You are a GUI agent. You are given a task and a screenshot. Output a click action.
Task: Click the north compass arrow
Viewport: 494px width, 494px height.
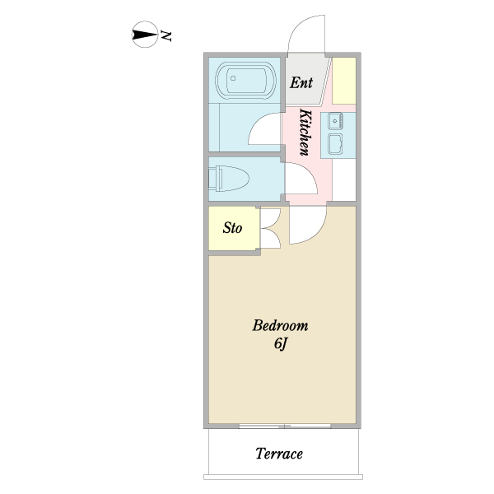(x=145, y=35)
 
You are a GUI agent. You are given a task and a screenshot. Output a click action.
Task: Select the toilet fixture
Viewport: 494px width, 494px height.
(x=230, y=178)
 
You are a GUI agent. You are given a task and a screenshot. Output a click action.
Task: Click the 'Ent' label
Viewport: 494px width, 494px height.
(x=301, y=82)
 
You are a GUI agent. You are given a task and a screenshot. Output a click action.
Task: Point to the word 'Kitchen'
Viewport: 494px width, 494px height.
(x=304, y=132)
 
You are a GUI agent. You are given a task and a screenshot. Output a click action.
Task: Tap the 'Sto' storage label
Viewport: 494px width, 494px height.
(x=233, y=227)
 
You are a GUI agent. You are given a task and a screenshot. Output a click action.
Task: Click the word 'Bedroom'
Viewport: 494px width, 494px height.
(x=280, y=324)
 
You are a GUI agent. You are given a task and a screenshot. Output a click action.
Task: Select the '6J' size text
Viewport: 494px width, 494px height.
(x=280, y=344)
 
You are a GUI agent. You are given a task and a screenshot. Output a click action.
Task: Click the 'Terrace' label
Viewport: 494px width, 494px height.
(x=278, y=454)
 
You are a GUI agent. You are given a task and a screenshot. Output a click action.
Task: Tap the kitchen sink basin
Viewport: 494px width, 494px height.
(x=337, y=146)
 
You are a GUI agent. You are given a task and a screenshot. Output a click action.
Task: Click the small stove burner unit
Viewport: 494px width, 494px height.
(x=336, y=121)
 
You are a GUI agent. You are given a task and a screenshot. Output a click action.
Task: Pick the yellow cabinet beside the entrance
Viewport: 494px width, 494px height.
(x=344, y=80)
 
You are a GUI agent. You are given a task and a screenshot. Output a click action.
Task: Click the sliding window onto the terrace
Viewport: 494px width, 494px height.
(x=285, y=426)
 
